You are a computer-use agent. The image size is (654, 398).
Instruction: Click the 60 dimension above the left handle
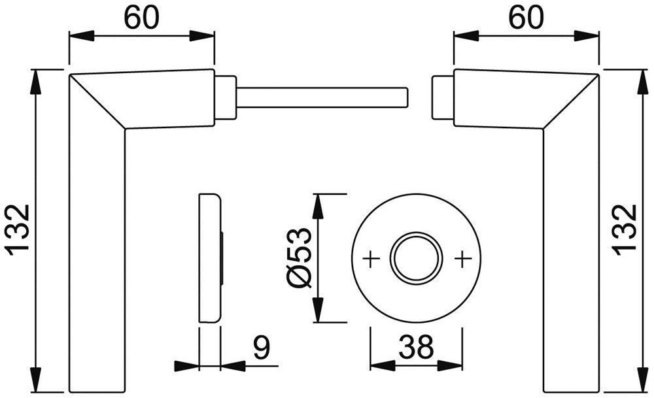(142, 18)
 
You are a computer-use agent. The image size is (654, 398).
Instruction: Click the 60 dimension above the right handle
(526, 18)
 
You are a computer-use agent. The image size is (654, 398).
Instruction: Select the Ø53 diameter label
(298, 257)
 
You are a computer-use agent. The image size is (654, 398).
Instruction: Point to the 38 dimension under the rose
(416, 348)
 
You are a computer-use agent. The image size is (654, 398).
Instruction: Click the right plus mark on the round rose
(462, 259)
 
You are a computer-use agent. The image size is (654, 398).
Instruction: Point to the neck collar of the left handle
(226, 97)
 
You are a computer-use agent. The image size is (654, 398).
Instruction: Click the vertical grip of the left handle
(95, 261)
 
